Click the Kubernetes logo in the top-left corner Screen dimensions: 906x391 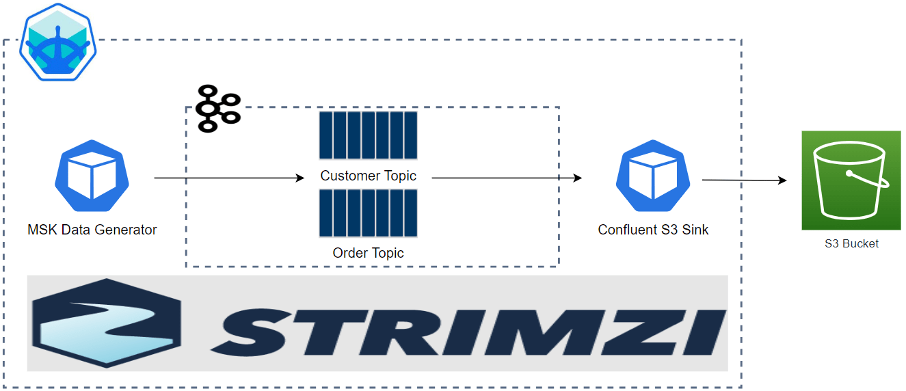tap(58, 42)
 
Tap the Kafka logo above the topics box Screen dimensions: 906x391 tap(218, 109)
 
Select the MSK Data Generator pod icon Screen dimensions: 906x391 tap(92, 176)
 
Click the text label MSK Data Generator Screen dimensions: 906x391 tap(92, 230)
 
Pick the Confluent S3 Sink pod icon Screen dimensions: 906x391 tap(653, 176)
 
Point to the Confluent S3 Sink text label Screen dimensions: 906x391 tap(653, 230)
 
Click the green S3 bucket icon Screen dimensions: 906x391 tap(851, 180)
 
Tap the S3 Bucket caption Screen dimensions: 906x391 tap(851, 243)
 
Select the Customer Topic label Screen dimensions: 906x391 tap(368, 176)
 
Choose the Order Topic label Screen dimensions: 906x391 tap(368, 253)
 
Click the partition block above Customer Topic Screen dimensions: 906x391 tap(368, 135)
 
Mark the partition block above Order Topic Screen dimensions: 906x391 tap(368, 213)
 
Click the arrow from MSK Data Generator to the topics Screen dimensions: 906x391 tap(229, 178)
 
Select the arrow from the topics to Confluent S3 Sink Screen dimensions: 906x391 tap(507, 178)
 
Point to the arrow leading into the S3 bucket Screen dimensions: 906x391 tap(744, 180)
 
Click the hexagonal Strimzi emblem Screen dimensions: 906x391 tap(107, 323)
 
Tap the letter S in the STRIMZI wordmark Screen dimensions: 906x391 tap(251, 332)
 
